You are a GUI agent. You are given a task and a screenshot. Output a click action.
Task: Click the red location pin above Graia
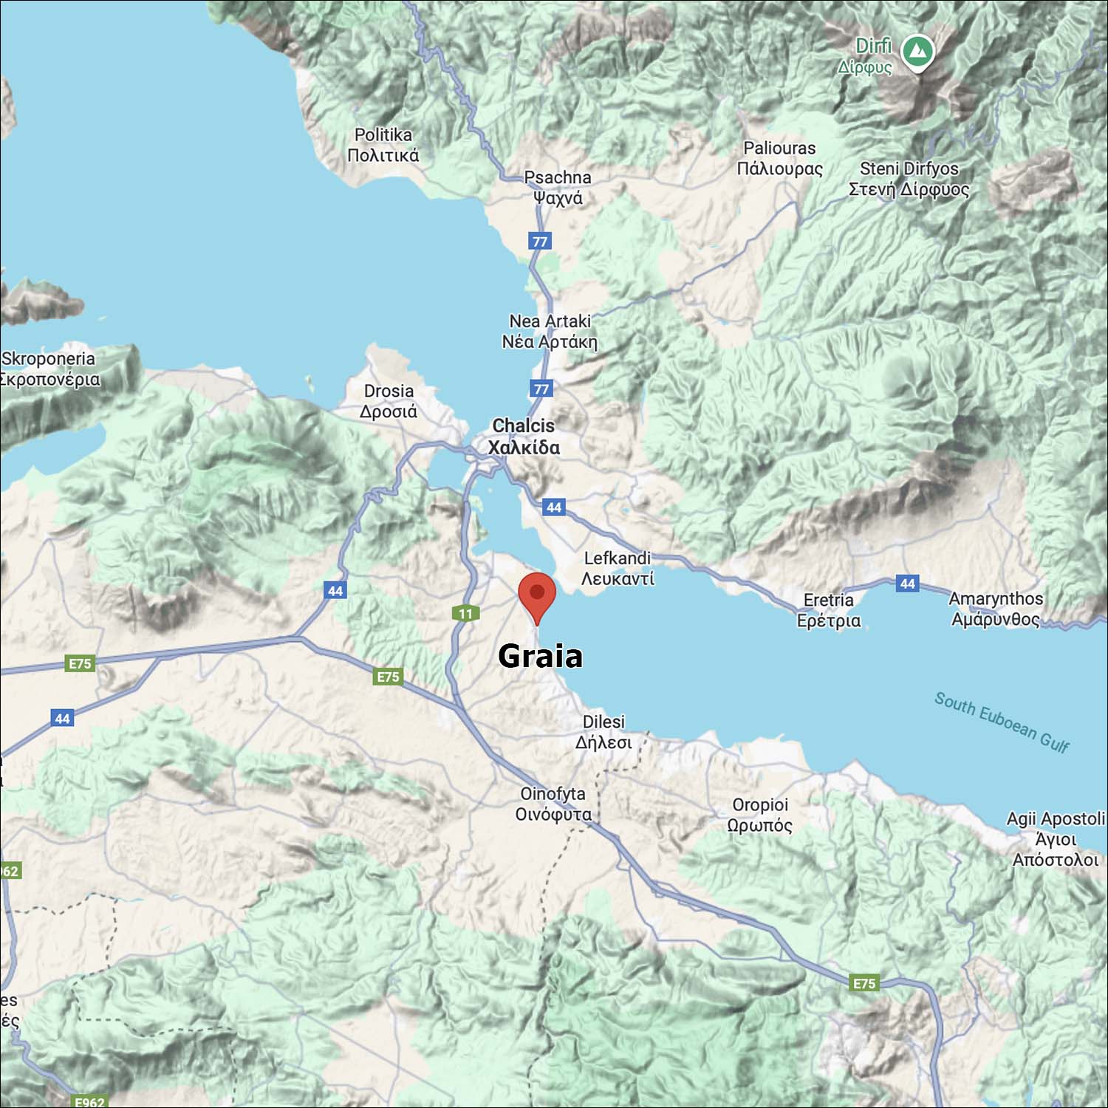tap(537, 595)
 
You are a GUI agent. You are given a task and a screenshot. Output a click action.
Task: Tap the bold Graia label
tap(540, 656)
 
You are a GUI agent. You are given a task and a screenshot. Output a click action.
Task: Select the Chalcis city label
tap(524, 437)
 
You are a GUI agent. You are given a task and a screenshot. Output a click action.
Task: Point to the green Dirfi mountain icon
tap(918, 52)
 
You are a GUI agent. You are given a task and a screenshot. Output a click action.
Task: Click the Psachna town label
tap(558, 188)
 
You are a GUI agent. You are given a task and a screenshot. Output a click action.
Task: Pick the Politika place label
tap(383, 145)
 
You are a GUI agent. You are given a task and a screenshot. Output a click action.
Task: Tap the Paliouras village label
tap(779, 158)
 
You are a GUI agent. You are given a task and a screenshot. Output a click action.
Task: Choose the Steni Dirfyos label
tap(909, 179)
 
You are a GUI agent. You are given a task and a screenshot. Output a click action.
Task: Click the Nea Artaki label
tap(550, 331)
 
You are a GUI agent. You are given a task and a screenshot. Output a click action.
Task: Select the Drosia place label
tap(389, 401)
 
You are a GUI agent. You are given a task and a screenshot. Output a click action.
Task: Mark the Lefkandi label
tap(618, 568)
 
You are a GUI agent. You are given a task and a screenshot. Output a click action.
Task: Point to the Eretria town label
tap(829, 610)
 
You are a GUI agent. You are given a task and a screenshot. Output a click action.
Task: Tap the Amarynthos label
tap(996, 609)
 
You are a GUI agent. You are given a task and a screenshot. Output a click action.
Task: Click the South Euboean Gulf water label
tap(1002, 722)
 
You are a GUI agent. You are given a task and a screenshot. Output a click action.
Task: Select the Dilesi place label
tap(603, 732)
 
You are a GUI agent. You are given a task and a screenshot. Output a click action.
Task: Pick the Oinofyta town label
tap(553, 804)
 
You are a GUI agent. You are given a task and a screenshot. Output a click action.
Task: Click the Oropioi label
tap(760, 815)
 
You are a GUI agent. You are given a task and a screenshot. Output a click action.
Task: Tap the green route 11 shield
tap(465, 613)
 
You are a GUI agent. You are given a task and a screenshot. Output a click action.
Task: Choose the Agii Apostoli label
tap(1056, 839)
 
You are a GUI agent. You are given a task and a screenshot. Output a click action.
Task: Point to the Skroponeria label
tap(49, 369)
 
